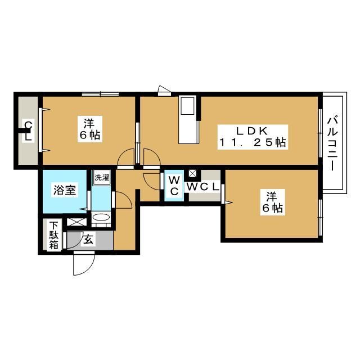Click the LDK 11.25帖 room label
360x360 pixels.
tap(253, 137)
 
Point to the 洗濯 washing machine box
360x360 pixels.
tap(102, 177)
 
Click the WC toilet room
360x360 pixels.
tap(174, 186)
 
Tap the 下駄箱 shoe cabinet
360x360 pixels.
tap(53, 237)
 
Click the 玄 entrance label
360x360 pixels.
tap(89, 239)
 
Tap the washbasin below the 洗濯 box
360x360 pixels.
tap(101, 218)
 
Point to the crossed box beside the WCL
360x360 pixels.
tap(192, 174)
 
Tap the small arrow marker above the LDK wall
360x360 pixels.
tap(164, 89)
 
